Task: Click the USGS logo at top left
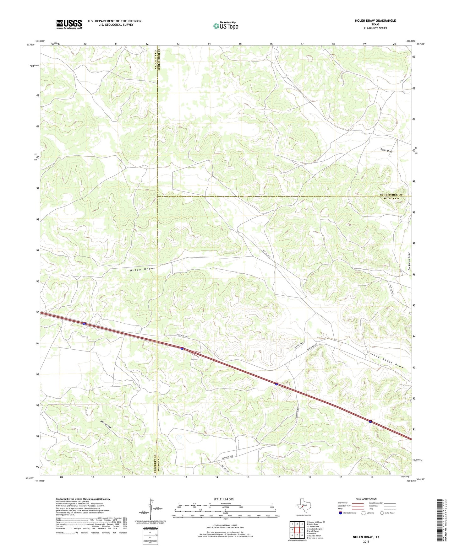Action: click(x=69, y=24)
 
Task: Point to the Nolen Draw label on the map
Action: click(x=142, y=269)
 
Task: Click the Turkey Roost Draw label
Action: click(x=386, y=360)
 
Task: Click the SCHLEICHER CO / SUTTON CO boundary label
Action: click(x=389, y=197)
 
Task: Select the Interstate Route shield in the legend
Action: click(x=341, y=513)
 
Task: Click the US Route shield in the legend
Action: click(x=364, y=513)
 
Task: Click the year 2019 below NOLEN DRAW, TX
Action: click(x=366, y=541)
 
